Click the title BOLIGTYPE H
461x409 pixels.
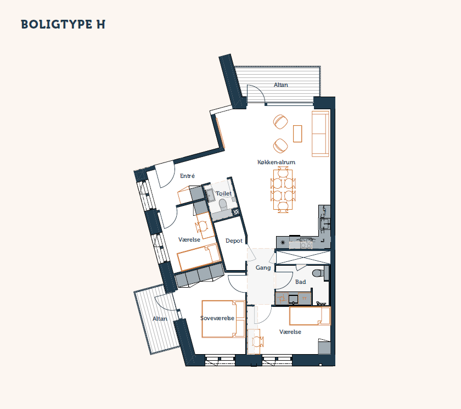(x=63, y=24)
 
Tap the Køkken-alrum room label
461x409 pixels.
(x=276, y=162)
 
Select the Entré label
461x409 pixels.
(x=187, y=176)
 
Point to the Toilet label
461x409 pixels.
(x=223, y=193)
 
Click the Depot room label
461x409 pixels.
(x=234, y=241)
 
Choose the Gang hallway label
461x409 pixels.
(x=263, y=267)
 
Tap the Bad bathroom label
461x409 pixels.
(x=301, y=282)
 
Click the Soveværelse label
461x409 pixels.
(x=217, y=318)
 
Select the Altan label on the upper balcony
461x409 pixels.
(x=281, y=85)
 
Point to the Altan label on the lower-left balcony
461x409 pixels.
(x=160, y=319)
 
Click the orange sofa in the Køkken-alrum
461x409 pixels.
(x=321, y=134)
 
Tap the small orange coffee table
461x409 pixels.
(x=297, y=133)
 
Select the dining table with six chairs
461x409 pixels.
(x=283, y=189)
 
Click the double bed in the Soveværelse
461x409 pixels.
(x=223, y=319)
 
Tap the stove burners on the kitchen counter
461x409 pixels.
(x=306, y=243)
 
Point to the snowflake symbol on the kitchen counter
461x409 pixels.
(x=283, y=243)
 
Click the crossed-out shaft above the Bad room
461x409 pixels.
(x=303, y=257)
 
